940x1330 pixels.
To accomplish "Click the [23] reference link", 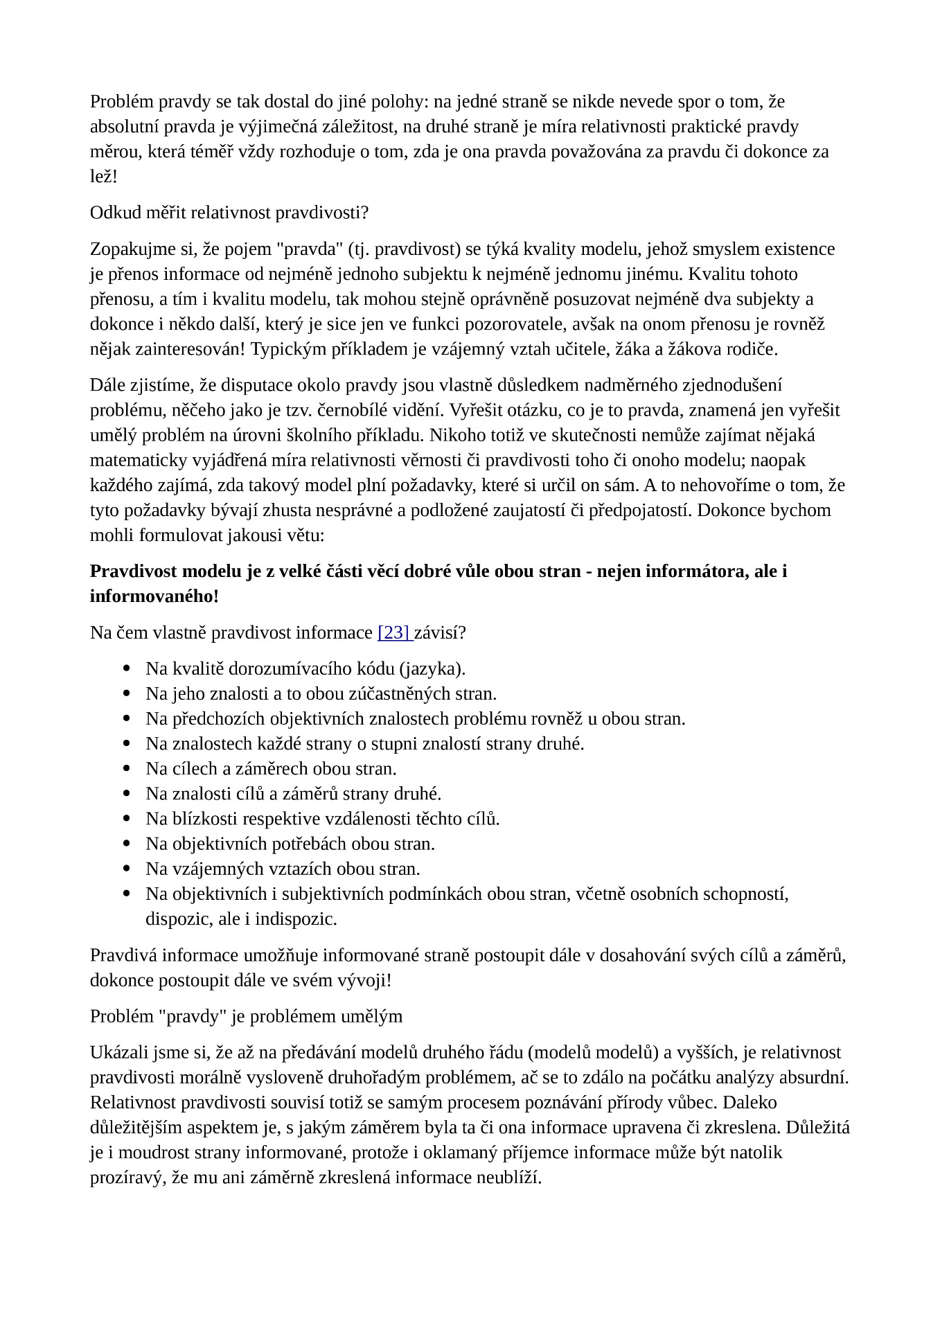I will click(394, 632).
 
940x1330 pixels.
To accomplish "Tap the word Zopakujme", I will click(129, 249).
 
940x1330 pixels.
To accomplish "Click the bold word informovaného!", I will click(154, 596).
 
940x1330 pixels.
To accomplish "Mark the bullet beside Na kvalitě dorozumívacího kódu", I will click(127, 669).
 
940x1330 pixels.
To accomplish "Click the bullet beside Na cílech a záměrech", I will click(127, 769).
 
